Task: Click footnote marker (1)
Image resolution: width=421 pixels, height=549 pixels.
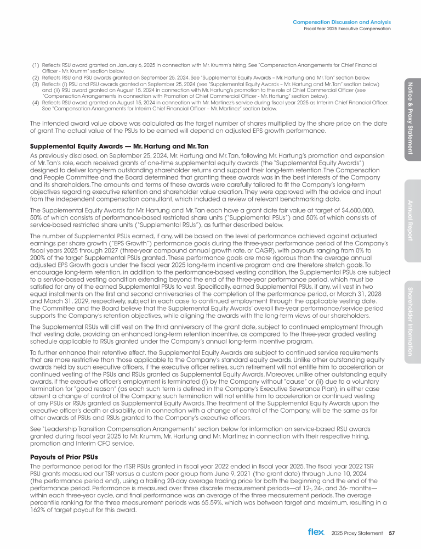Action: point(35,65)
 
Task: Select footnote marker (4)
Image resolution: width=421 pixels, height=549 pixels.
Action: point(35,102)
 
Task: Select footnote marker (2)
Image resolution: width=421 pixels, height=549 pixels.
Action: point(35,77)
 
